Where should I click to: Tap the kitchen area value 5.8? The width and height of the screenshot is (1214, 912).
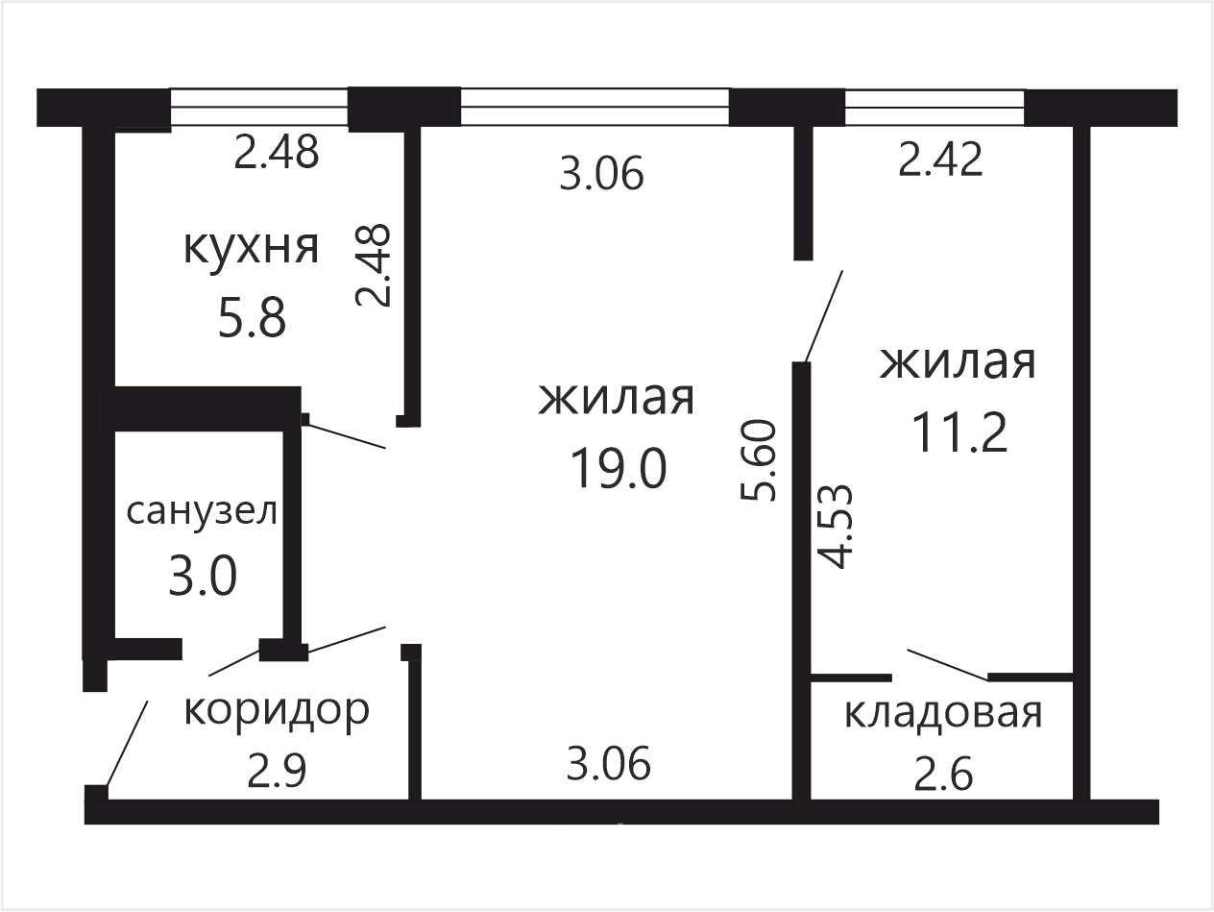[252, 317]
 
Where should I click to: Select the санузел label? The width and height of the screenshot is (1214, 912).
[202, 511]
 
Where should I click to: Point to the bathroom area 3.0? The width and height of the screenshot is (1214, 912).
[202, 576]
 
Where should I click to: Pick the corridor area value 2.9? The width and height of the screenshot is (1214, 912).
[276, 772]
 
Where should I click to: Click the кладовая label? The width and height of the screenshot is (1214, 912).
[943, 715]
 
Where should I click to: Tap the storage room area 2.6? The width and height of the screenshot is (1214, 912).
[943, 775]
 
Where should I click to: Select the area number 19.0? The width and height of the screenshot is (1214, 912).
[619, 468]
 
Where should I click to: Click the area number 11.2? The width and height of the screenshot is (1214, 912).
[959, 433]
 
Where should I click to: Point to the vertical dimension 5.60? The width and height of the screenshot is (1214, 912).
[759, 460]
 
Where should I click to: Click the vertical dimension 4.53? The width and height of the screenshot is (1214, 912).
[836, 527]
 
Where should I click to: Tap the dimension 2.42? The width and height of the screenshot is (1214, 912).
[940, 160]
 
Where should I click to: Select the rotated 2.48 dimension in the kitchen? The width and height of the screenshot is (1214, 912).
[373, 265]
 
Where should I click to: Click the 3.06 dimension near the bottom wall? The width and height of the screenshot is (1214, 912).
[609, 764]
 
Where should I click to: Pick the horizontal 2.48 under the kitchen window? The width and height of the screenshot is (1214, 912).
[277, 152]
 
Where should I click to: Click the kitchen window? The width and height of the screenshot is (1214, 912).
[258, 108]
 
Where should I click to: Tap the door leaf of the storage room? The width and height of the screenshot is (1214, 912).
[947, 664]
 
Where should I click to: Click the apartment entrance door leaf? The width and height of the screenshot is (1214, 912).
[127, 743]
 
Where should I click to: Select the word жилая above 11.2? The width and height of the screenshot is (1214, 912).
[958, 363]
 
